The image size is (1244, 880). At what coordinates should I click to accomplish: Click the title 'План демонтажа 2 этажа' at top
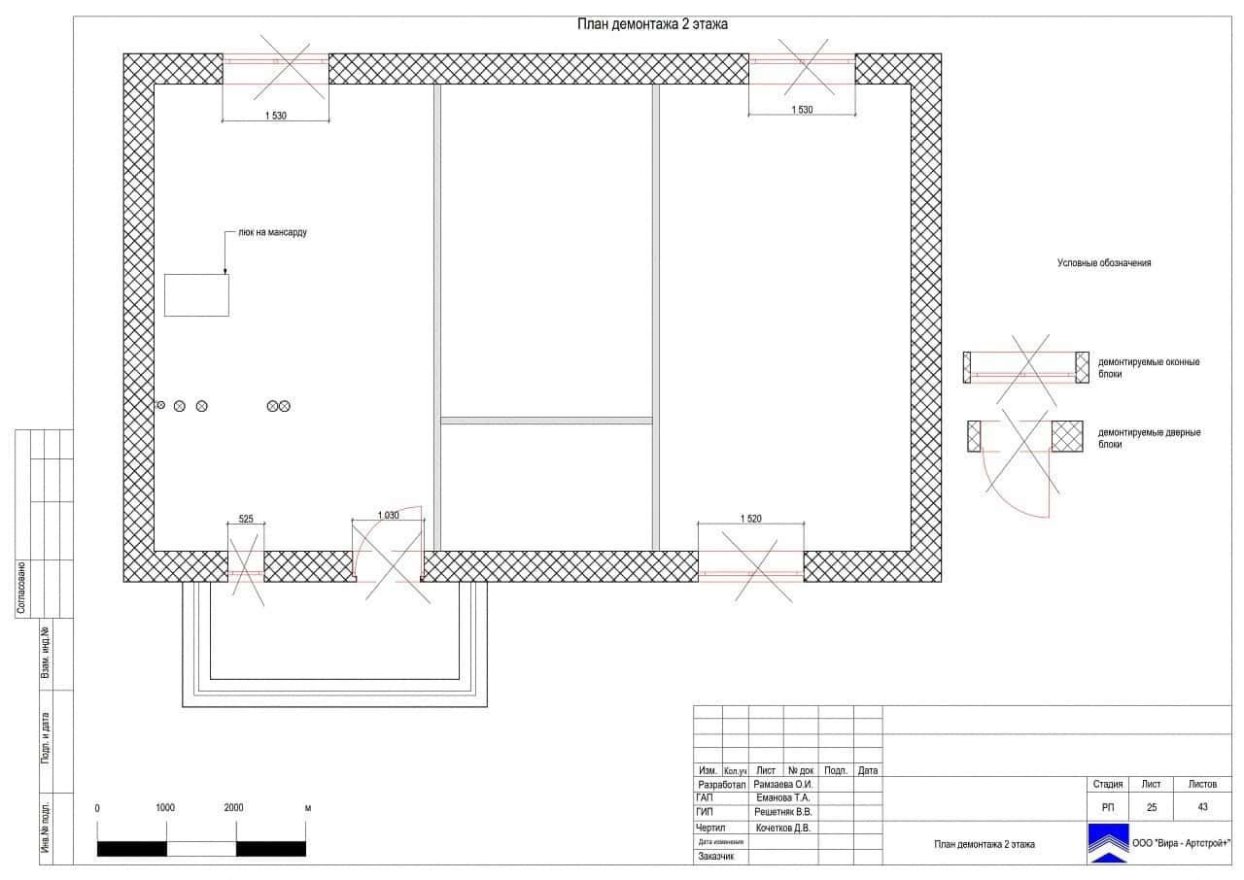click(x=652, y=25)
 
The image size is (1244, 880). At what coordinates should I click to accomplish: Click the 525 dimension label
click(x=246, y=520)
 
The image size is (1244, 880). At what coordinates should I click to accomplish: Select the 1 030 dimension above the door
click(x=388, y=516)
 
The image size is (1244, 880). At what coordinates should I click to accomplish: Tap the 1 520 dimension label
click(x=750, y=519)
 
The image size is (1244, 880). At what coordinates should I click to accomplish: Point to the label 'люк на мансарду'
click(x=272, y=233)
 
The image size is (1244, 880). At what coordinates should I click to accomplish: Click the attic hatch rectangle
click(x=196, y=295)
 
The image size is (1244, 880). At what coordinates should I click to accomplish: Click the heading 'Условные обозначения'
click(x=1104, y=263)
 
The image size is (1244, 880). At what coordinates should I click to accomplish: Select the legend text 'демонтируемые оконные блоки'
click(x=1148, y=367)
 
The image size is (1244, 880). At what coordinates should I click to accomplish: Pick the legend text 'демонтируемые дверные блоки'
click(x=1149, y=438)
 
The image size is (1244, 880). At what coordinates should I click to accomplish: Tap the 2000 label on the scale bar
click(x=233, y=808)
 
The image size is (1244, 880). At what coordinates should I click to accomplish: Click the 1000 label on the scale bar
click(x=165, y=808)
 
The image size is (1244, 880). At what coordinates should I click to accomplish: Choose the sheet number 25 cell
click(x=1151, y=807)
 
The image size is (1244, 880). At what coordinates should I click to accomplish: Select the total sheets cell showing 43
click(x=1202, y=807)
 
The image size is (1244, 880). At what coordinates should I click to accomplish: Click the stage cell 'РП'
click(x=1108, y=807)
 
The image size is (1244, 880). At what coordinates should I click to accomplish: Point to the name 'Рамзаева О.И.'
click(x=783, y=785)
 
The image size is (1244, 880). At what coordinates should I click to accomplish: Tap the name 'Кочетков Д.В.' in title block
click(x=783, y=829)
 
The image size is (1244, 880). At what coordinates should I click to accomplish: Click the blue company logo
click(x=1107, y=843)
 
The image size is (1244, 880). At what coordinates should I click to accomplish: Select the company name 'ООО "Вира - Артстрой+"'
click(x=1181, y=843)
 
